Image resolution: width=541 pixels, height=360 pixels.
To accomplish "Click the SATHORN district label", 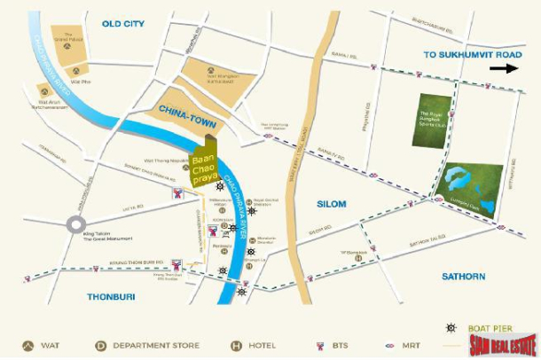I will coord(463,277).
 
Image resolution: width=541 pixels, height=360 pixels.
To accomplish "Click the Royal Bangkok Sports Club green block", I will coord(435,121).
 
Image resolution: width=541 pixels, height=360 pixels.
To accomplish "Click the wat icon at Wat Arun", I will coord(42,89).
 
